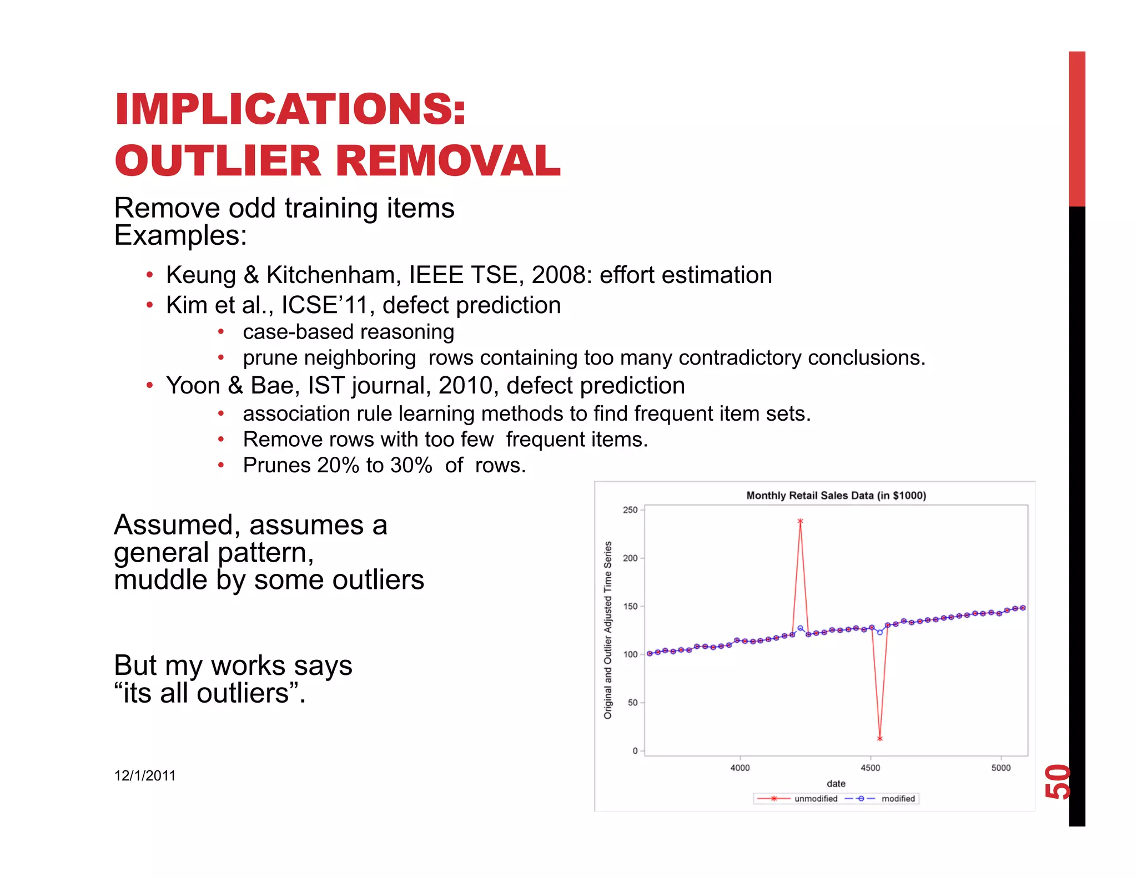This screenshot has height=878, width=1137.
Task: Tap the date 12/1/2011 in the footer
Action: (145, 776)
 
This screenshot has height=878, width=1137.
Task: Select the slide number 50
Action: (1058, 781)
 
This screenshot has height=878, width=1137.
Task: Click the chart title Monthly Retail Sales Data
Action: (836, 496)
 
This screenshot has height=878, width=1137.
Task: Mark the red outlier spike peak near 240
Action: (800, 522)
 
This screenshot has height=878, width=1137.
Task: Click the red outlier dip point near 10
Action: (880, 739)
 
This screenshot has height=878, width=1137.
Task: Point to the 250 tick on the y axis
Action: (630, 510)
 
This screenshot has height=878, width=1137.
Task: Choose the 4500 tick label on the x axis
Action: (870, 768)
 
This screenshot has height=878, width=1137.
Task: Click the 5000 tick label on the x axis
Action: (1001, 768)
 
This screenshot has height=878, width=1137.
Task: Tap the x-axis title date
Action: (836, 784)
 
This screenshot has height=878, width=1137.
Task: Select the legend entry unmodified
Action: (816, 799)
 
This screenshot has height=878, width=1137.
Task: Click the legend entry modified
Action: (898, 799)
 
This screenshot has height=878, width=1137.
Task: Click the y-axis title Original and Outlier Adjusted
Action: (608, 630)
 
